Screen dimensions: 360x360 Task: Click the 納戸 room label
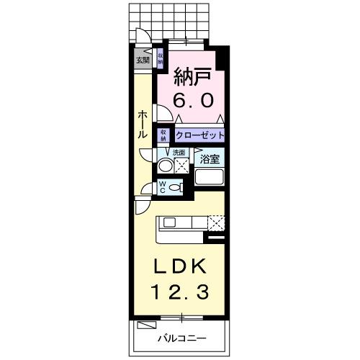[192, 76]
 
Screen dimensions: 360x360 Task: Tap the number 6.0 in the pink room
[192, 101]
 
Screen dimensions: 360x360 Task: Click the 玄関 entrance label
[142, 60]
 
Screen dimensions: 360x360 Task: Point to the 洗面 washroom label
[179, 153]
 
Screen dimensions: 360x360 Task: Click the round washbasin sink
[165, 165]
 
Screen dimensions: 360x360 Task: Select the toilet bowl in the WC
[177, 186]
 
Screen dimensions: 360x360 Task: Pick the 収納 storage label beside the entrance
[160, 58]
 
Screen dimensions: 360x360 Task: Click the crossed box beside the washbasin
[181, 166]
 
